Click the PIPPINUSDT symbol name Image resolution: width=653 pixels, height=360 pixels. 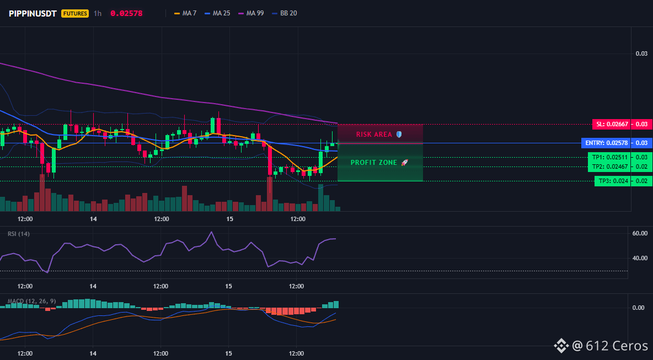point(33,13)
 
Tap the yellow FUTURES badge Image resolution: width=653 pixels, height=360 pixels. point(75,13)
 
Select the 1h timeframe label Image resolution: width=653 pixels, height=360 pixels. point(98,13)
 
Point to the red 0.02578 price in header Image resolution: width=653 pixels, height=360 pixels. point(126,13)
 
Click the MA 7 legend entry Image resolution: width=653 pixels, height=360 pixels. point(185,13)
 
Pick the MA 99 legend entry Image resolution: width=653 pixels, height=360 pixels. point(251,13)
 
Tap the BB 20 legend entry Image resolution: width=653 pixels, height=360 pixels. point(285,13)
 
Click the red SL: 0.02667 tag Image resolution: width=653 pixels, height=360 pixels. point(611,124)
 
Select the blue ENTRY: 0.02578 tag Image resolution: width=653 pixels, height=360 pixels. point(606,143)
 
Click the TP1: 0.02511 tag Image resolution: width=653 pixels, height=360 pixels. point(609,157)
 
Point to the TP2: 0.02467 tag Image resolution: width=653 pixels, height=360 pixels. point(609,167)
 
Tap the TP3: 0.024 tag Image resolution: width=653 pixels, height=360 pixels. point(612,181)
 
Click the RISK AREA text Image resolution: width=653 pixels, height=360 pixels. point(374,135)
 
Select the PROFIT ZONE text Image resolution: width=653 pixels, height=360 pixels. point(374,163)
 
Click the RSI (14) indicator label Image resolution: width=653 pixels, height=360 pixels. point(19,234)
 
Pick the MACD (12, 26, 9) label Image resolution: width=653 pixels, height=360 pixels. point(31,301)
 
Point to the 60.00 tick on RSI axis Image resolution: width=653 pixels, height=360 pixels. point(640,233)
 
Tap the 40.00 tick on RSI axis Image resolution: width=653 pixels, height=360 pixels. point(640,258)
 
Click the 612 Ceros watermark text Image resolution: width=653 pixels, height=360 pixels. point(617,346)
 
